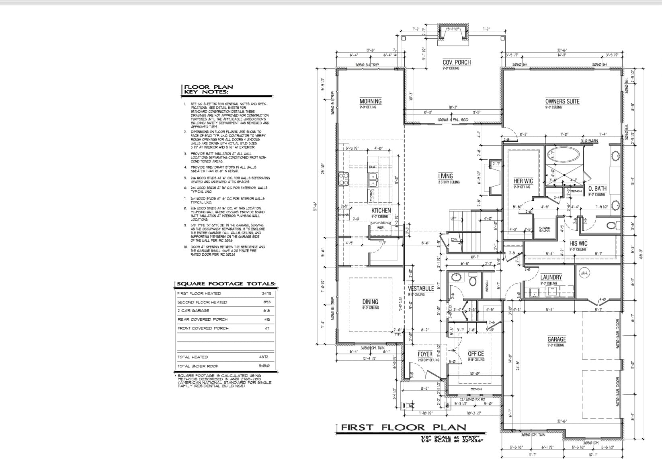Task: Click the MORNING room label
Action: click(370, 102)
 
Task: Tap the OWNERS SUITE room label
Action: click(562, 102)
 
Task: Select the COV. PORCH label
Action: click(456, 63)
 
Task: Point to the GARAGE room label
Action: click(556, 340)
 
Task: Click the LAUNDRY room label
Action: click(551, 277)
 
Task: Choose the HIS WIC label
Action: click(578, 244)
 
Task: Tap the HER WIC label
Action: click(523, 181)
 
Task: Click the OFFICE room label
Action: click(476, 354)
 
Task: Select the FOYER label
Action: click(425, 354)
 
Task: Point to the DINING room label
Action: click(370, 302)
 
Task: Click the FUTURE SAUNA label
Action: click(544, 229)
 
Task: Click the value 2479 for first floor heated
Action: click(266, 294)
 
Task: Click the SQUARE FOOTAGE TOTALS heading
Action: click(226, 284)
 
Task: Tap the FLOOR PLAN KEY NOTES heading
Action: click(208, 90)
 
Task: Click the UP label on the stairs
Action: click(454, 218)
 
